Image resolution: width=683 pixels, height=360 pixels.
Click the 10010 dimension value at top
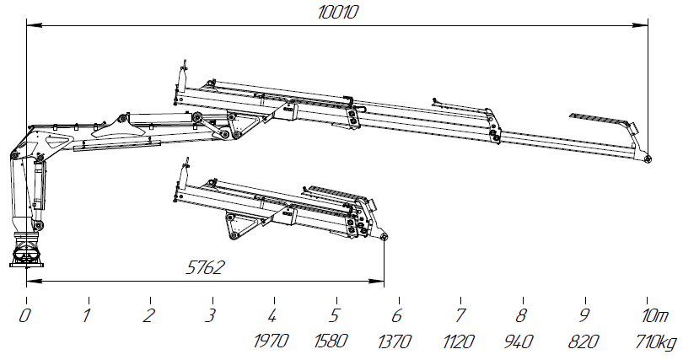pos(337,12)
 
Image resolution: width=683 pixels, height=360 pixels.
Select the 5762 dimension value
pos(205,268)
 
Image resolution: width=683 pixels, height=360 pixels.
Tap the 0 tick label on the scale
pos(24,315)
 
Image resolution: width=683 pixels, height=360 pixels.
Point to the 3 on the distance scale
pos(211,315)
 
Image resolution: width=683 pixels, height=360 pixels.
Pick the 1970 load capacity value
pos(271,341)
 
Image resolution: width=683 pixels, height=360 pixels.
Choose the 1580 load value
pos(331,341)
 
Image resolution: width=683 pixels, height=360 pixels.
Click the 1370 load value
pos(395,341)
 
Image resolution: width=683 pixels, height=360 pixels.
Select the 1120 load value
pos(458,341)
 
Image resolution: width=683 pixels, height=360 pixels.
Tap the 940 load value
pos(519,341)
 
